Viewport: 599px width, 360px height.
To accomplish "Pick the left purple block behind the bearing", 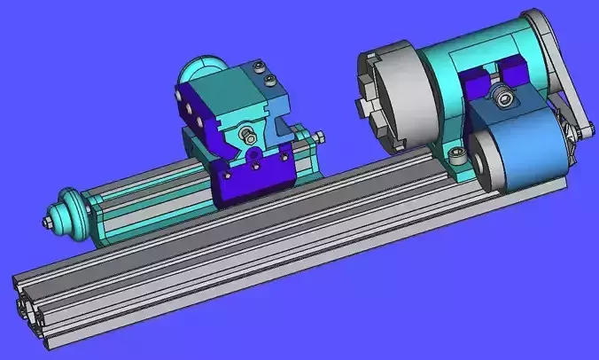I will coord(477,87).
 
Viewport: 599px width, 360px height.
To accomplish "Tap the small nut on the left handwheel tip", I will coord(44,219).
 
